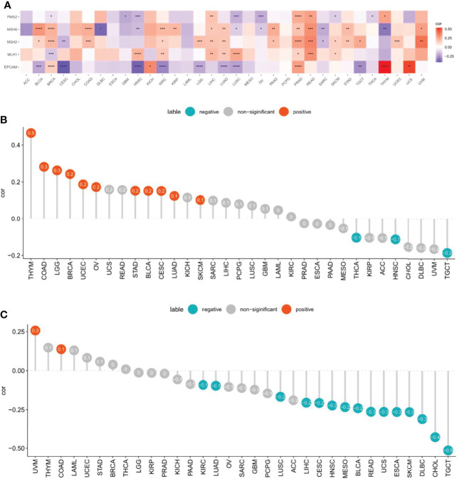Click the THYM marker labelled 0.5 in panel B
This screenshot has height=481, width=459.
click(32, 132)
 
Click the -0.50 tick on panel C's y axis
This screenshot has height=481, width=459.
click(16, 448)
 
